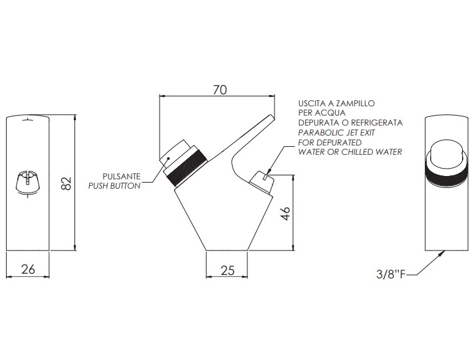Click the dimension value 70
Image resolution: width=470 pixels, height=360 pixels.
tap(220, 90)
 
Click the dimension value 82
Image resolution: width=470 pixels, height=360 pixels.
tap(66, 183)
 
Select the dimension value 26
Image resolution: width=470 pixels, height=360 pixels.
tap(28, 269)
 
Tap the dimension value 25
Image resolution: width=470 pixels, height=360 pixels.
tap(227, 270)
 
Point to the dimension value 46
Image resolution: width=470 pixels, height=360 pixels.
tap(287, 213)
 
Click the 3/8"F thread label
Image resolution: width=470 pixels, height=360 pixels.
tap(391, 274)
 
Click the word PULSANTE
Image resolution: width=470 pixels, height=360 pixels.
tap(122, 177)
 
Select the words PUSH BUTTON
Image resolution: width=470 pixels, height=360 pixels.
tap(114, 186)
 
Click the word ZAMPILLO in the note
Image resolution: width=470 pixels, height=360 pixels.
tap(355, 104)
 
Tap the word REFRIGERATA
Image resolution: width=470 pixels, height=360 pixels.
tap(377, 122)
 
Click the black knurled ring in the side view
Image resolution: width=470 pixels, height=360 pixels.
tap(187, 168)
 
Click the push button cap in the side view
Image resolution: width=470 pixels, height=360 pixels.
tap(174, 156)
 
